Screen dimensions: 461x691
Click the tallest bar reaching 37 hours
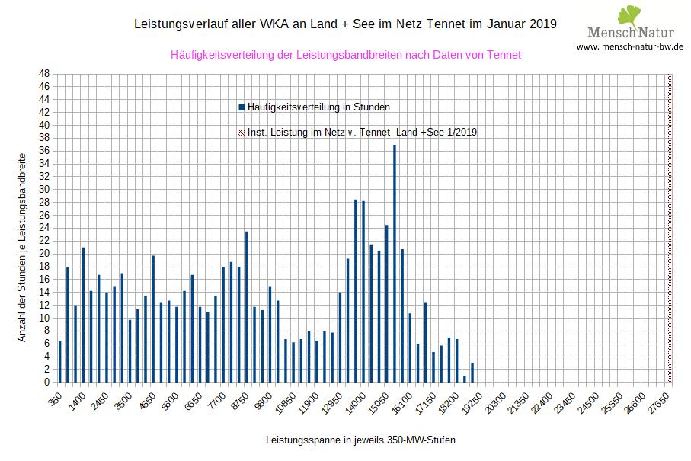pyautogui.click(x=395, y=263)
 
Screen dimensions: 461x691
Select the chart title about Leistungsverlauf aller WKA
pyautogui.click(x=345, y=24)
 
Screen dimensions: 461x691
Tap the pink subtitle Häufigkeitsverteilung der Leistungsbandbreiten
pyautogui.click(x=346, y=55)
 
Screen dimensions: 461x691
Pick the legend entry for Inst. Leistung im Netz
pyautogui.click(x=362, y=133)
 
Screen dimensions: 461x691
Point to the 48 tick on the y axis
pyautogui.click(x=44, y=74)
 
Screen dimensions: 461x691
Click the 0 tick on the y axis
pyautogui.click(x=47, y=382)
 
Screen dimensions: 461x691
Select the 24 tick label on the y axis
pyautogui.click(x=44, y=228)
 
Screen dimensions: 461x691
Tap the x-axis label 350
pyautogui.click(x=55, y=400)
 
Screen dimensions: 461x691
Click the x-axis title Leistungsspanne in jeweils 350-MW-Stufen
pyautogui.click(x=360, y=440)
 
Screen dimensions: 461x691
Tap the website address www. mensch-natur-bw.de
pyautogui.click(x=629, y=46)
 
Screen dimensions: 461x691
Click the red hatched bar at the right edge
pyautogui.click(x=670, y=228)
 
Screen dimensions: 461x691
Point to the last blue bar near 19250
pyautogui.click(x=472, y=373)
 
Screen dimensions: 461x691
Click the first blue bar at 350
pyautogui.click(x=59, y=361)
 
